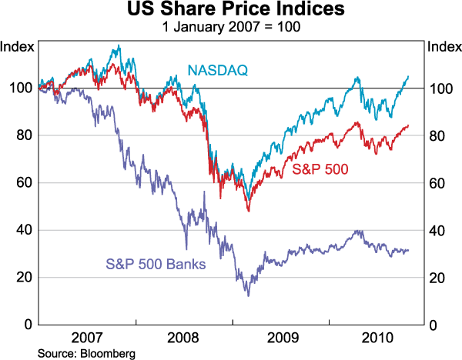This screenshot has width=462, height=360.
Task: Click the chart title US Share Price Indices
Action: point(231,11)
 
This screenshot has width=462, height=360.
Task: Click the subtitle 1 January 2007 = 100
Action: point(231,27)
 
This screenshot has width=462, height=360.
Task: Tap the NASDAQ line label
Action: point(217,72)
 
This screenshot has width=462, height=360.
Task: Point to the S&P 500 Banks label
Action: point(155,265)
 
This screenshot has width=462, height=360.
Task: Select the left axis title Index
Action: point(17,46)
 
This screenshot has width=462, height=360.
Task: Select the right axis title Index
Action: point(444,46)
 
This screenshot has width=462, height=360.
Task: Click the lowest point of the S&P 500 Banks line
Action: point(248,295)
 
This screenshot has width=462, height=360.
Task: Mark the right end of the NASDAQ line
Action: point(409,76)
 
